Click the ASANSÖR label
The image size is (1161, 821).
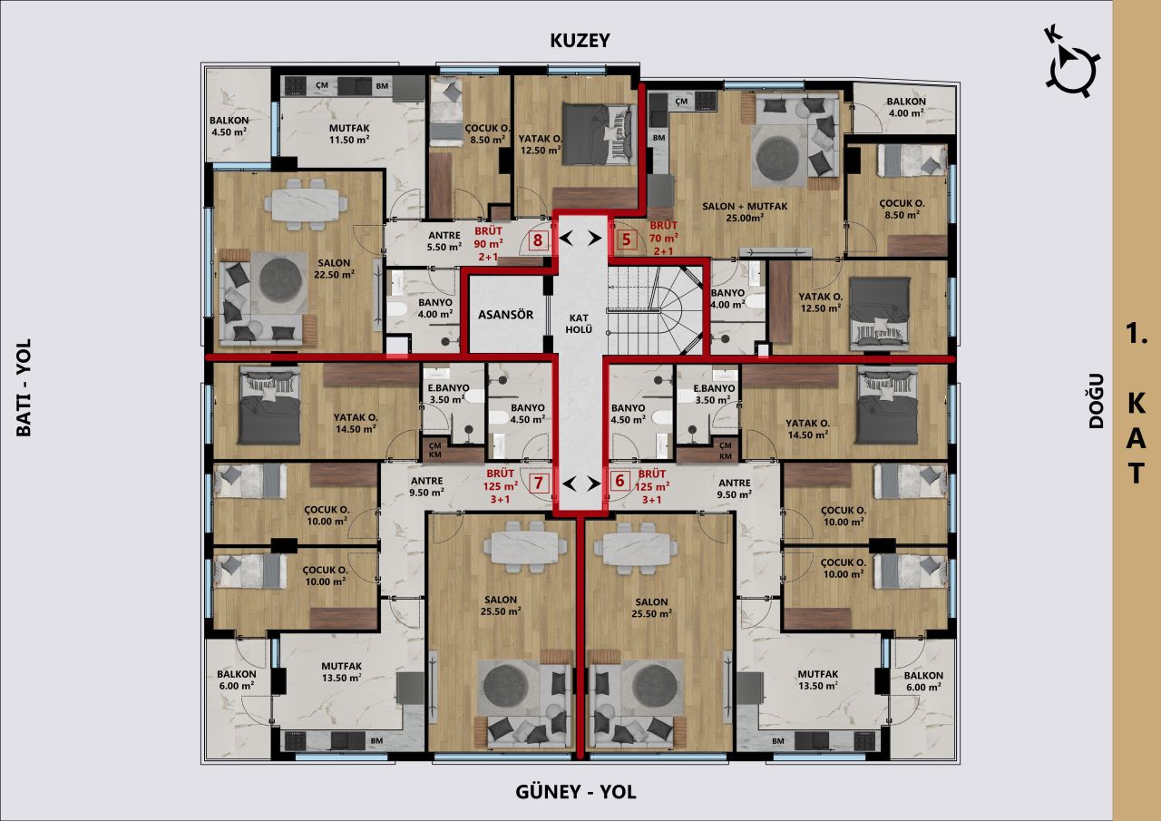[x=506, y=315]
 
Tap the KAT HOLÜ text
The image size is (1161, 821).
[x=580, y=323]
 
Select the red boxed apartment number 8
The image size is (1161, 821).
[x=538, y=240]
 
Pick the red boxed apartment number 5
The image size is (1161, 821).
[x=626, y=240]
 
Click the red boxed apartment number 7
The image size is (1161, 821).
[x=539, y=482]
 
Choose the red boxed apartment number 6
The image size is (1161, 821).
[x=620, y=482]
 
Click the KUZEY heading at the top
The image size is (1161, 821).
[x=580, y=40]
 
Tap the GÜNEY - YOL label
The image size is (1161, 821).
[x=576, y=792]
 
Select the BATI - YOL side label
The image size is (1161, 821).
[x=24, y=387]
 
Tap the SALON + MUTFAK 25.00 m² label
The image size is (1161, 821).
[x=745, y=211]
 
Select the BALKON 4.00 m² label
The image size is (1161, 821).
[x=905, y=107]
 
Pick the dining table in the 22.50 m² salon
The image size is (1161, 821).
[x=306, y=202]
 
